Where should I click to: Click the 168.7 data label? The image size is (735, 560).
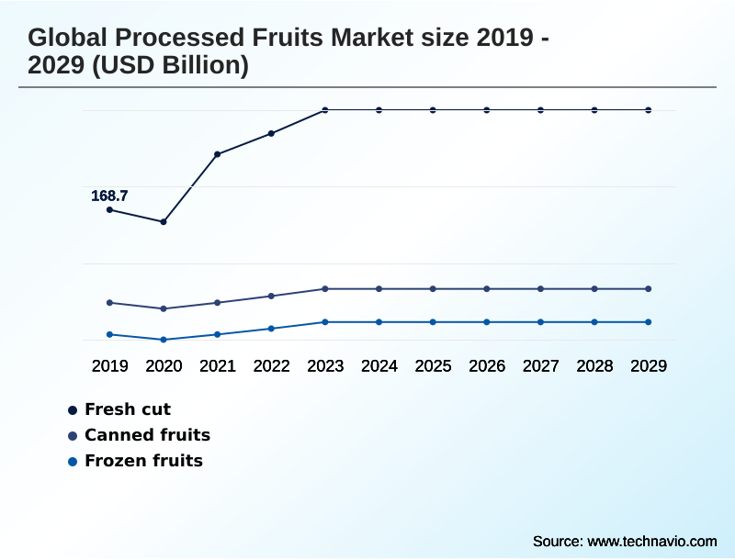pyautogui.click(x=109, y=196)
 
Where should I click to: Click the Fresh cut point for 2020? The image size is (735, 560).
pyautogui.click(x=164, y=221)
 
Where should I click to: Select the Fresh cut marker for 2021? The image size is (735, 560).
pyautogui.click(x=218, y=154)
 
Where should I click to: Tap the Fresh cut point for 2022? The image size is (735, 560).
pyautogui.click(x=271, y=134)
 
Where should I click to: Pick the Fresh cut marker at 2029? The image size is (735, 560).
pyautogui.click(x=648, y=110)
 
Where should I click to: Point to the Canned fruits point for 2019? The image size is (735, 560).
pyautogui.click(x=109, y=302)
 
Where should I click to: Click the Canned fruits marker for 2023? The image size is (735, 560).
pyautogui.click(x=325, y=289)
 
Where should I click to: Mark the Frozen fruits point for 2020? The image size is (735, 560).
pyautogui.click(x=164, y=340)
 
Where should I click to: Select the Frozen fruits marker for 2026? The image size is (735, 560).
pyautogui.click(x=487, y=322)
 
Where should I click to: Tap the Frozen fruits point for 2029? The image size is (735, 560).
pyautogui.click(x=648, y=322)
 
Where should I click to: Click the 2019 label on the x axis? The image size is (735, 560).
pyautogui.click(x=109, y=365)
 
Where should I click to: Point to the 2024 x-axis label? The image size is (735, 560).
pyautogui.click(x=379, y=365)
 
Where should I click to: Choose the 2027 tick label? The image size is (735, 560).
pyautogui.click(x=540, y=365)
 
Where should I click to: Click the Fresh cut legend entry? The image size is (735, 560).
pyautogui.click(x=127, y=409)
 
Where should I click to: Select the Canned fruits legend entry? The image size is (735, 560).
pyautogui.click(x=147, y=435)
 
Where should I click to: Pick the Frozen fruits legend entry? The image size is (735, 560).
pyautogui.click(x=143, y=461)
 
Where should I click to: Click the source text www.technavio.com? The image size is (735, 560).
pyautogui.click(x=651, y=541)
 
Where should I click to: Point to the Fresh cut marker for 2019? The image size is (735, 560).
pyautogui.click(x=109, y=210)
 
